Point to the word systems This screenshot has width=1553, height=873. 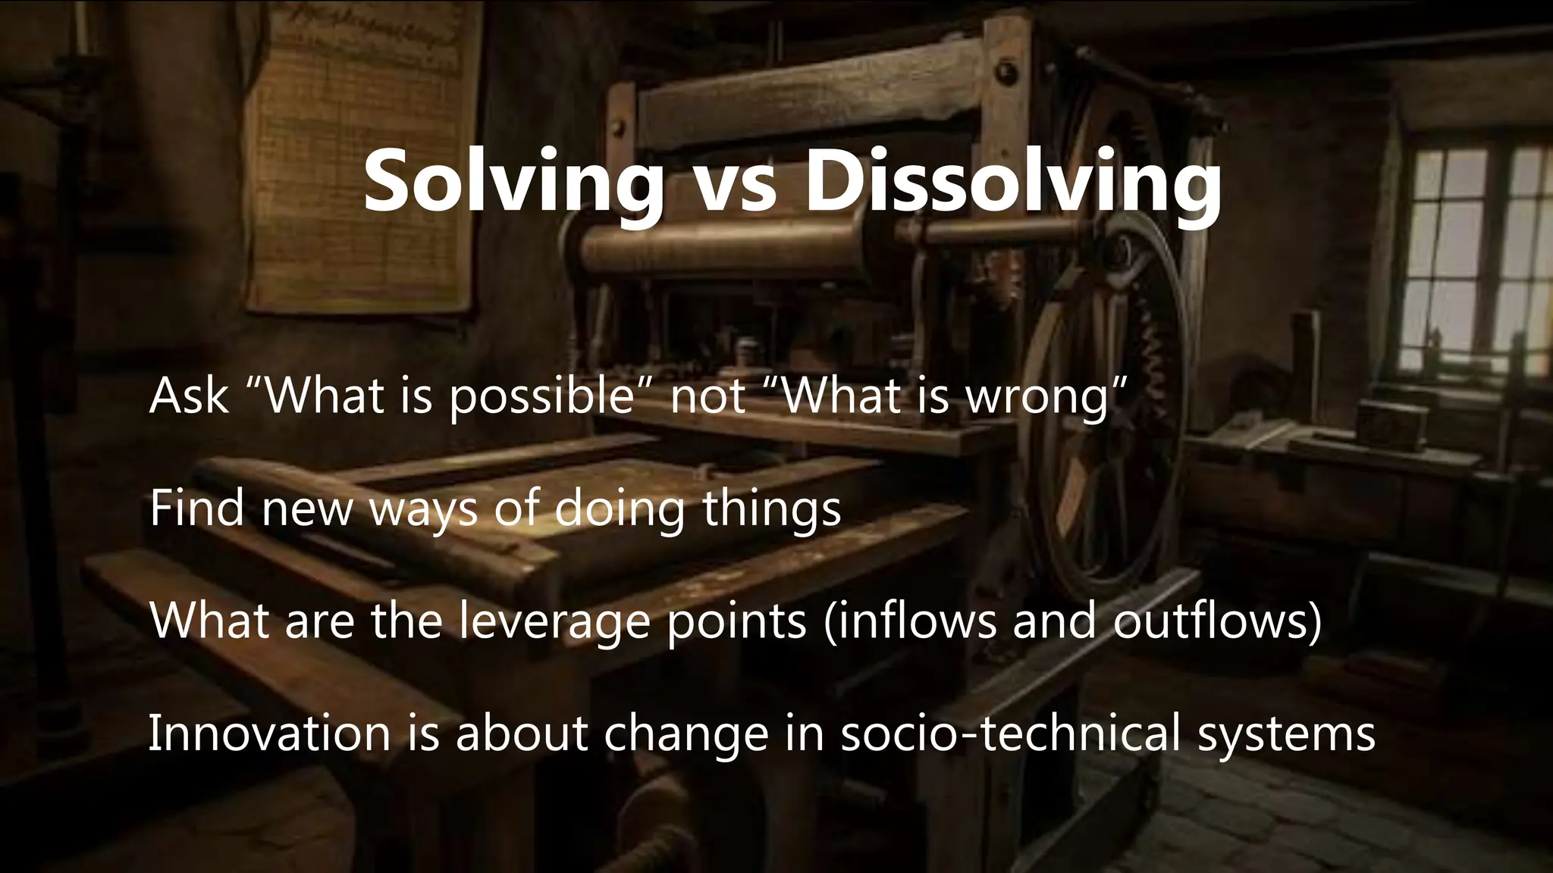coord(1286,735)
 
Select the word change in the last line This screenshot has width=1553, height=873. coord(686,735)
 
